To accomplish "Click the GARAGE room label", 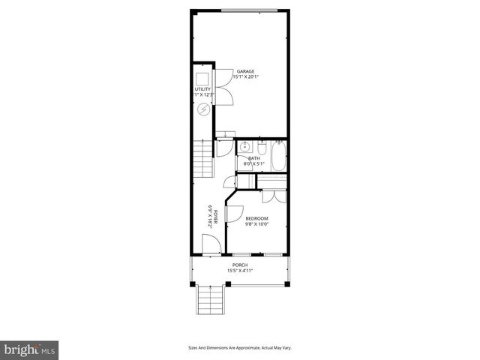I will coord(245,71).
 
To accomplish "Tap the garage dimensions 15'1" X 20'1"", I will coord(245,77).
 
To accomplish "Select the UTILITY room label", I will coord(202,89).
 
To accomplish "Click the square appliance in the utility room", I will coord(202,77).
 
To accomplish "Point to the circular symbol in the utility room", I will coord(202,109).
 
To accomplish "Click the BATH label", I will coord(254,158).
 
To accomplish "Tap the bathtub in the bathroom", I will coord(278,157).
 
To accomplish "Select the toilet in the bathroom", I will coord(261,146).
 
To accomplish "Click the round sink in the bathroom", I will coord(244,147).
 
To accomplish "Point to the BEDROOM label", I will coord(256,218).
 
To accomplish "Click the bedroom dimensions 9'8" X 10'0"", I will coord(256,224).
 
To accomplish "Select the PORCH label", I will coord(240,265).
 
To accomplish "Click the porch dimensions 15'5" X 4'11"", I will coord(240,271).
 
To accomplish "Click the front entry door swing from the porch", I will coord(211,243).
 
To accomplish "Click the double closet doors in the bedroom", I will coord(274,196).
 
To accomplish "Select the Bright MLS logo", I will coord(30,349).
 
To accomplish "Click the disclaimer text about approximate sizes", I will coord(240,347).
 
